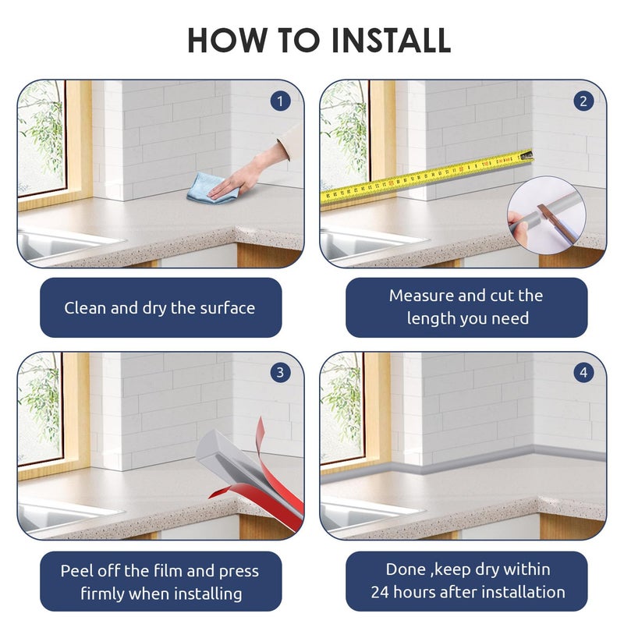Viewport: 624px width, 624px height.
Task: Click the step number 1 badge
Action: tap(280, 101)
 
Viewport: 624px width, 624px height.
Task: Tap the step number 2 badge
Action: tap(583, 101)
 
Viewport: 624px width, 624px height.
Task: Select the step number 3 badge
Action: tap(280, 373)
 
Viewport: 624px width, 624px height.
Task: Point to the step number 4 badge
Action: tap(583, 373)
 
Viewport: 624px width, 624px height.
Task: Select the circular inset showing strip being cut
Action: tap(547, 215)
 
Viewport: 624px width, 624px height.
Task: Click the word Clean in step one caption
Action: tap(85, 308)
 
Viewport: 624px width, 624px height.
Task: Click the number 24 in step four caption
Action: tap(379, 592)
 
